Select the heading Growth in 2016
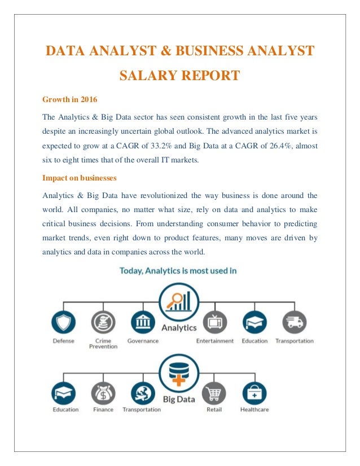tap(69, 100)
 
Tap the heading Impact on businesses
tap(80, 178)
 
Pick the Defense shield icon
tap(63, 322)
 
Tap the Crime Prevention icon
tap(103, 322)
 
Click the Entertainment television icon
tap(215, 322)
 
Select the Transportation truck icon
tap(294, 322)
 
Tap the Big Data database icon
tap(178, 372)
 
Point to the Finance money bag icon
tap(103, 393)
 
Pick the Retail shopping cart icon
tap(215, 393)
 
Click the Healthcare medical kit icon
tap(254, 393)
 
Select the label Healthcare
tap(254, 410)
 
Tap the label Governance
tap(143, 341)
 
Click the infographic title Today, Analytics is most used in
tap(178, 270)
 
